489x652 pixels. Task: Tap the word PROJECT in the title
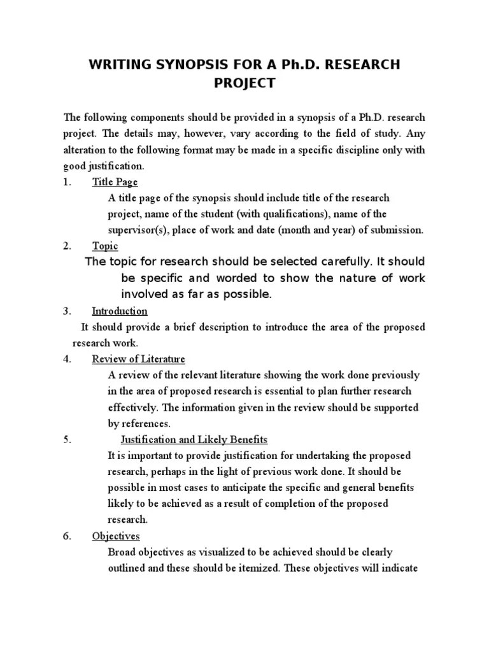point(244,83)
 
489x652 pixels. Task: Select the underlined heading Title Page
point(115,181)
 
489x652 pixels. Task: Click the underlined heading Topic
point(105,246)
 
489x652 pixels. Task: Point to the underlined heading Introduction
point(120,311)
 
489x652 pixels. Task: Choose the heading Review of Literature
point(138,359)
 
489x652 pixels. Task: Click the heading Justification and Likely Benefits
point(194,440)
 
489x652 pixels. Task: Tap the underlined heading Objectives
point(116,536)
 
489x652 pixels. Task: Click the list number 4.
point(66,359)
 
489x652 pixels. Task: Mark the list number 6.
point(66,536)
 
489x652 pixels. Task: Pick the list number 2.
point(66,246)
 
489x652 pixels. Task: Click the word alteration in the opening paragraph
point(85,150)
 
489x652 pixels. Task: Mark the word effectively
point(132,407)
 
